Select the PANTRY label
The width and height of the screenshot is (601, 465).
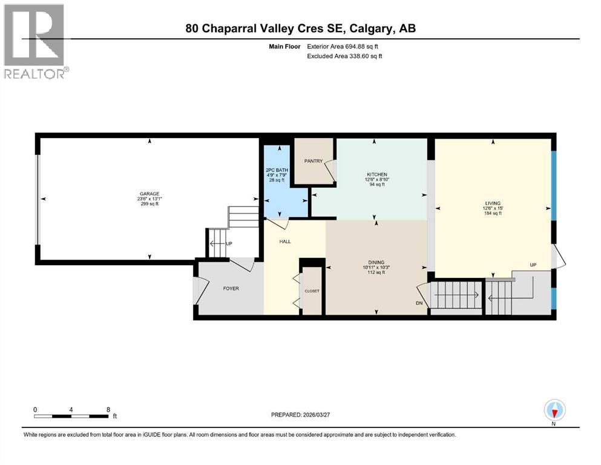pyautogui.click(x=313, y=161)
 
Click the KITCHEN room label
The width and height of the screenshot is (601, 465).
pyautogui.click(x=375, y=174)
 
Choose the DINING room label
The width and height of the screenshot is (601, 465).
pyautogui.click(x=375, y=261)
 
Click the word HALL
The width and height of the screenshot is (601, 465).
pyautogui.click(x=285, y=241)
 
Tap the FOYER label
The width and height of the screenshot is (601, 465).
pyautogui.click(x=231, y=288)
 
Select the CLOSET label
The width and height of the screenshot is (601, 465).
pyautogui.click(x=312, y=291)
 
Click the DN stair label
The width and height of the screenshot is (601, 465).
pyautogui.click(x=419, y=303)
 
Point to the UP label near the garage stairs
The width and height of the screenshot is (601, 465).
pyautogui.click(x=229, y=244)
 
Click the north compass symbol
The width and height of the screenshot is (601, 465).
pyautogui.click(x=554, y=411)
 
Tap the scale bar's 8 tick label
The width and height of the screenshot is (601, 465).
pyautogui.click(x=108, y=409)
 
